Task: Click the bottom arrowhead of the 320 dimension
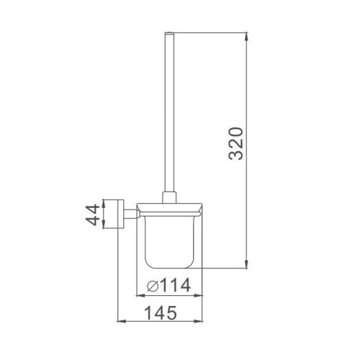pyautogui.click(x=248, y=264)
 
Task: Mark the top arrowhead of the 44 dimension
pyautogui.click(x=104, y=199)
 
